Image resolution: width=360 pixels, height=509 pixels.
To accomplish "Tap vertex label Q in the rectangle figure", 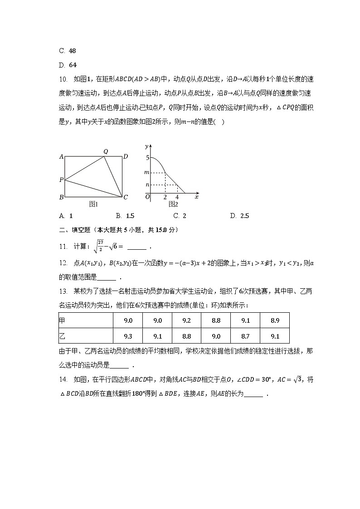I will pyautogui.click(x=105, y=151).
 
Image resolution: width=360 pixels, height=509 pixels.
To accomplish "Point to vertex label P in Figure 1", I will pyautogui.click(x=61, y=180).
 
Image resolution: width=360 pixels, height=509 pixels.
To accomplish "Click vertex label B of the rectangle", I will pyautogui.click(x=61, y=197).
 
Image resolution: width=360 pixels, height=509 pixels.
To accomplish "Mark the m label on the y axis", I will pyautogui.click(x=146, y=173).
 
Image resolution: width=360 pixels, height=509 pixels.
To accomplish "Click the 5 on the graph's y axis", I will pyautogui.click(x=147, y=158).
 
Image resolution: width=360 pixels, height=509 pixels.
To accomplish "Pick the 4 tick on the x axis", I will pyautogui.click(x=177, y=198).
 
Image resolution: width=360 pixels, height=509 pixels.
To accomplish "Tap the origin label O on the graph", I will pyautogui.click(x=147, y=197).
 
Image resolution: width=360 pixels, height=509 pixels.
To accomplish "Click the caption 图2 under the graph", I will pyautogui.click(x=173, y=204).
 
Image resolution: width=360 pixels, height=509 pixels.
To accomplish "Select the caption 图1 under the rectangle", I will pyautogui.click(x=93, y=204).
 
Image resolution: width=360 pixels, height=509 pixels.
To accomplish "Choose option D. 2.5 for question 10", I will pyautogui.click(x=240, y=216).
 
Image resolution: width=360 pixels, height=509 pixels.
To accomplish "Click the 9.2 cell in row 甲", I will pyautogui.click(x=186, y=320).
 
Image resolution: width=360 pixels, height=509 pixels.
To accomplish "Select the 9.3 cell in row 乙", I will pyautogui.click(x=127, y=336).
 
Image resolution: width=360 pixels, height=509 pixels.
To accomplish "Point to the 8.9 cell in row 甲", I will pyautogui.click(x=274, y=320).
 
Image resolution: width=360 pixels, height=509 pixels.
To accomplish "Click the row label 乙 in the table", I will pyautogui.click(x=63, y=336).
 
